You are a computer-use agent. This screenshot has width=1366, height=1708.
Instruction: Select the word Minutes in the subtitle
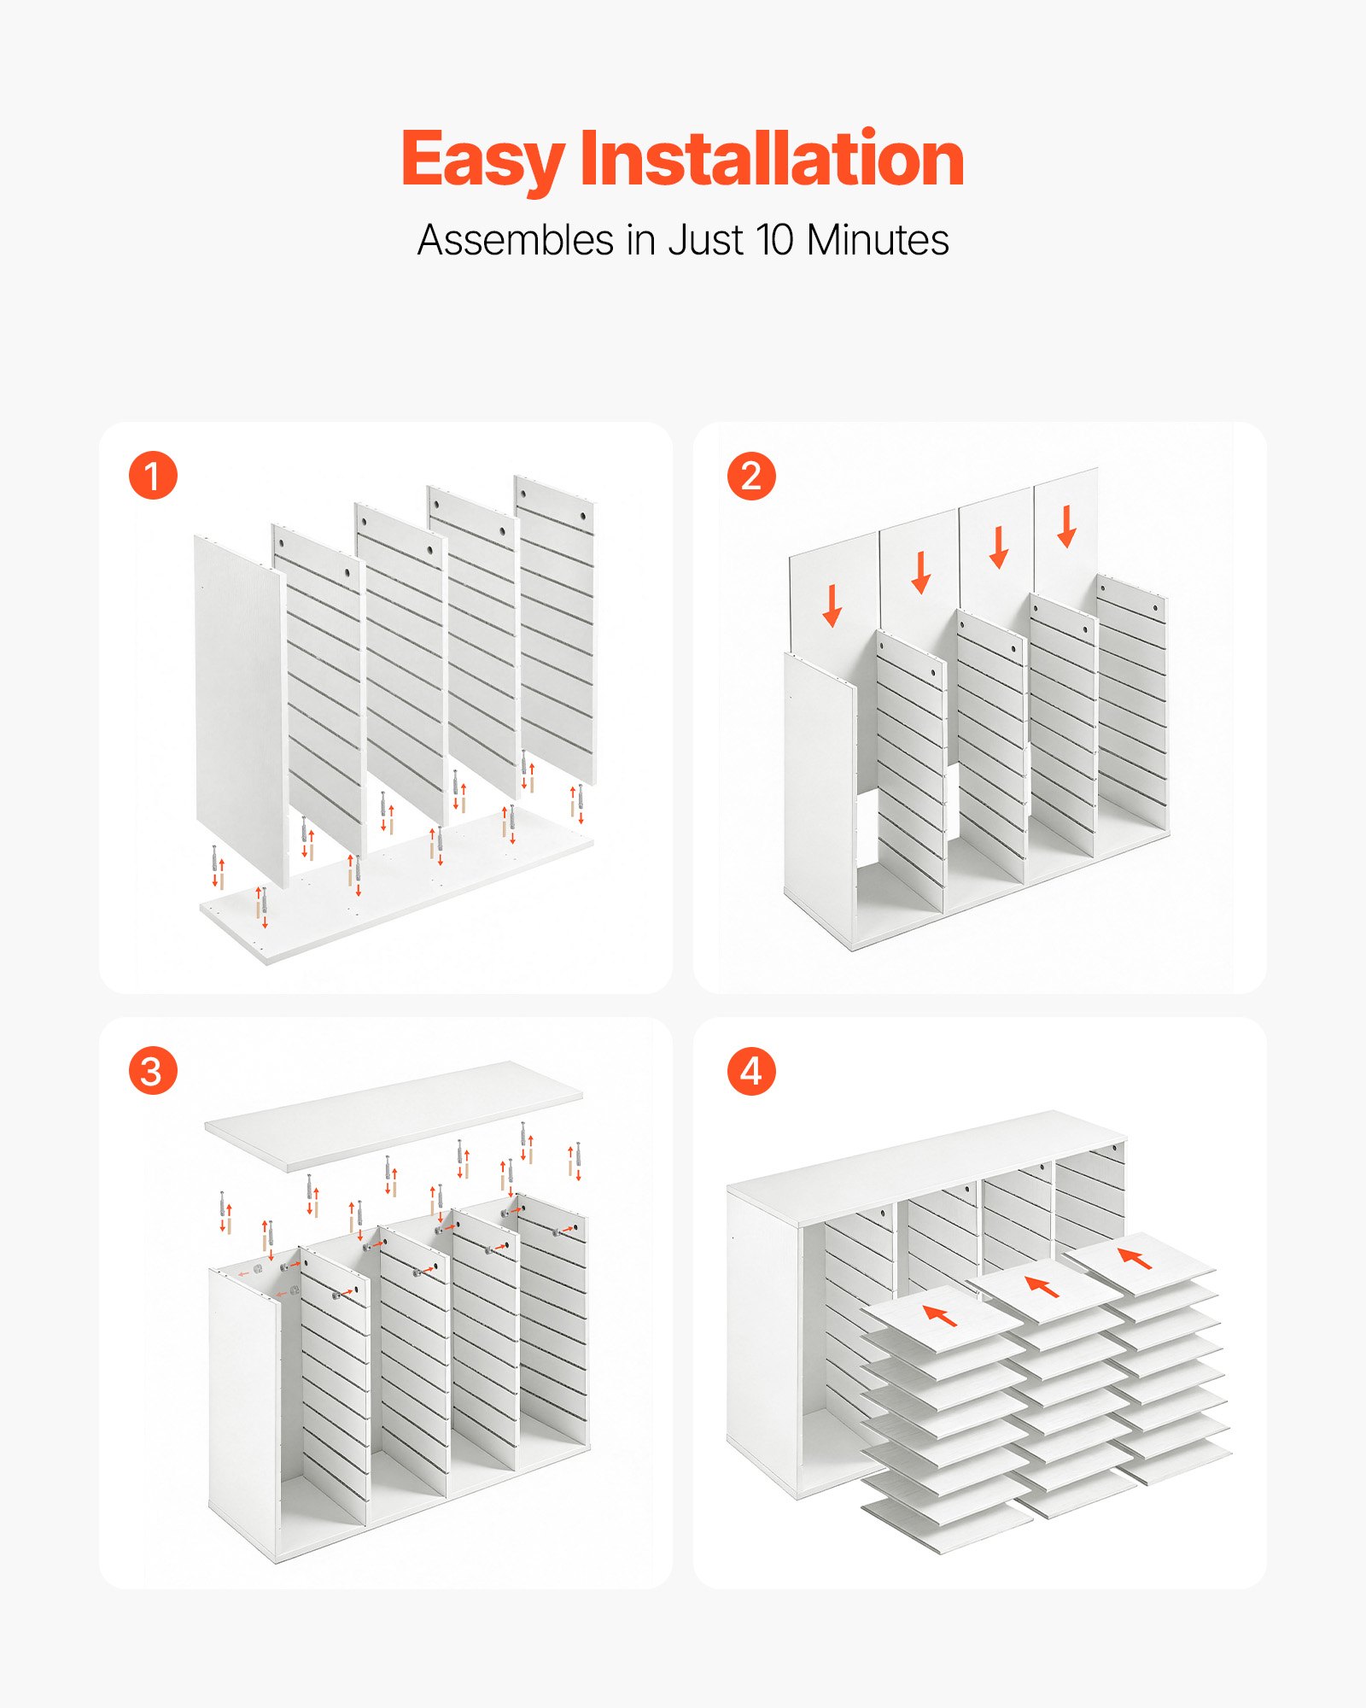pyautogui.click(x=878, y=240)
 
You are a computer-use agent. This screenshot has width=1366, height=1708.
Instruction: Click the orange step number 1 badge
pyautogui.click(x=153, y=476)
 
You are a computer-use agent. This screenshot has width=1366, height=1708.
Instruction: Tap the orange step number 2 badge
pyautogui.click(x=751, y=476)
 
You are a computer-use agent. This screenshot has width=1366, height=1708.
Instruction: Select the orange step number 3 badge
pyautogui.click(x=153, y=1071)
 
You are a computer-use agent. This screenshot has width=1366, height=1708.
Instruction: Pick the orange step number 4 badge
pyautogui.click(x=751, y=1071)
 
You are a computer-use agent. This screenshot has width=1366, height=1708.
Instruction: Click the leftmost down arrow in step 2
pyautogui.click(x=832, y=605)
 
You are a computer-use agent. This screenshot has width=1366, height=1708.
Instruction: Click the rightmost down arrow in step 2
pyautogui.click(x=1066, y=526)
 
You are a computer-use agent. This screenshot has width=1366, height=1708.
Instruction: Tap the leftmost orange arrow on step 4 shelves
pyautogui.click(x=940, y=1315)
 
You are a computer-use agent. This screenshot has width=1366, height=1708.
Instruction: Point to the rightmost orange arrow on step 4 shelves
pyautogui.click(x=1135, y=1258)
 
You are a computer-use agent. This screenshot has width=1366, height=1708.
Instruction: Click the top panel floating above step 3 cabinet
pyautogui.click(x=394, y=1115)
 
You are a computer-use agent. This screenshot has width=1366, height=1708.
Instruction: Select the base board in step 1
pyautogui.click(x=397, y=888)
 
